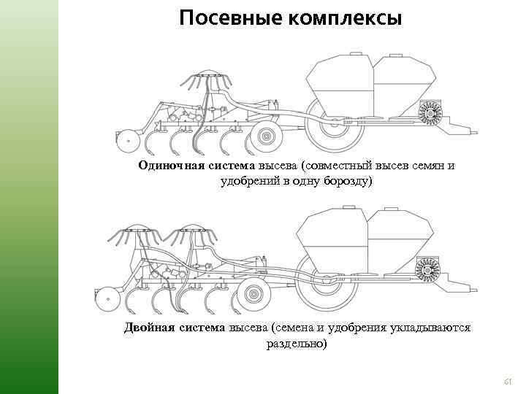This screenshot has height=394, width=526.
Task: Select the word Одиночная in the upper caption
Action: point(170,165)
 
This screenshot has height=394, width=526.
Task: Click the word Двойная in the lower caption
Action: point(146,328)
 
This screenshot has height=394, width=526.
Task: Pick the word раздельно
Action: point(297,343)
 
